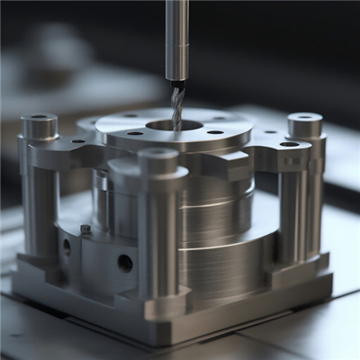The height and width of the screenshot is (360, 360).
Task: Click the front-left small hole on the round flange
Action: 135,133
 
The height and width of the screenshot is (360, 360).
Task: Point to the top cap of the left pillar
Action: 39,124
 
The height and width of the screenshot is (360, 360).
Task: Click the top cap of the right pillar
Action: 304,123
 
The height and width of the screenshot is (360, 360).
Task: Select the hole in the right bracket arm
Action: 289,144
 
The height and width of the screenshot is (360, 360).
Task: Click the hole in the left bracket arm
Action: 78,141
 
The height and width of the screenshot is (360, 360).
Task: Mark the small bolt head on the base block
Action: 85,229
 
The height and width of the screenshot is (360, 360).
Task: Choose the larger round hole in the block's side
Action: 124,263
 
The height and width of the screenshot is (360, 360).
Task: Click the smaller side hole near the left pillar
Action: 66,245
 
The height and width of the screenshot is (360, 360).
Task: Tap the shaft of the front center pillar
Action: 158,234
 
